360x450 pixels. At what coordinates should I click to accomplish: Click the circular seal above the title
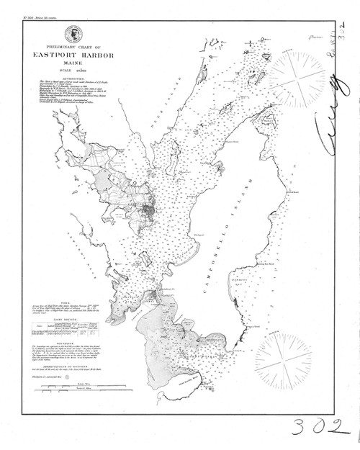coord(73,33)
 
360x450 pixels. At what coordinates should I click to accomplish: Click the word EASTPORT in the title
coord(57,54)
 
